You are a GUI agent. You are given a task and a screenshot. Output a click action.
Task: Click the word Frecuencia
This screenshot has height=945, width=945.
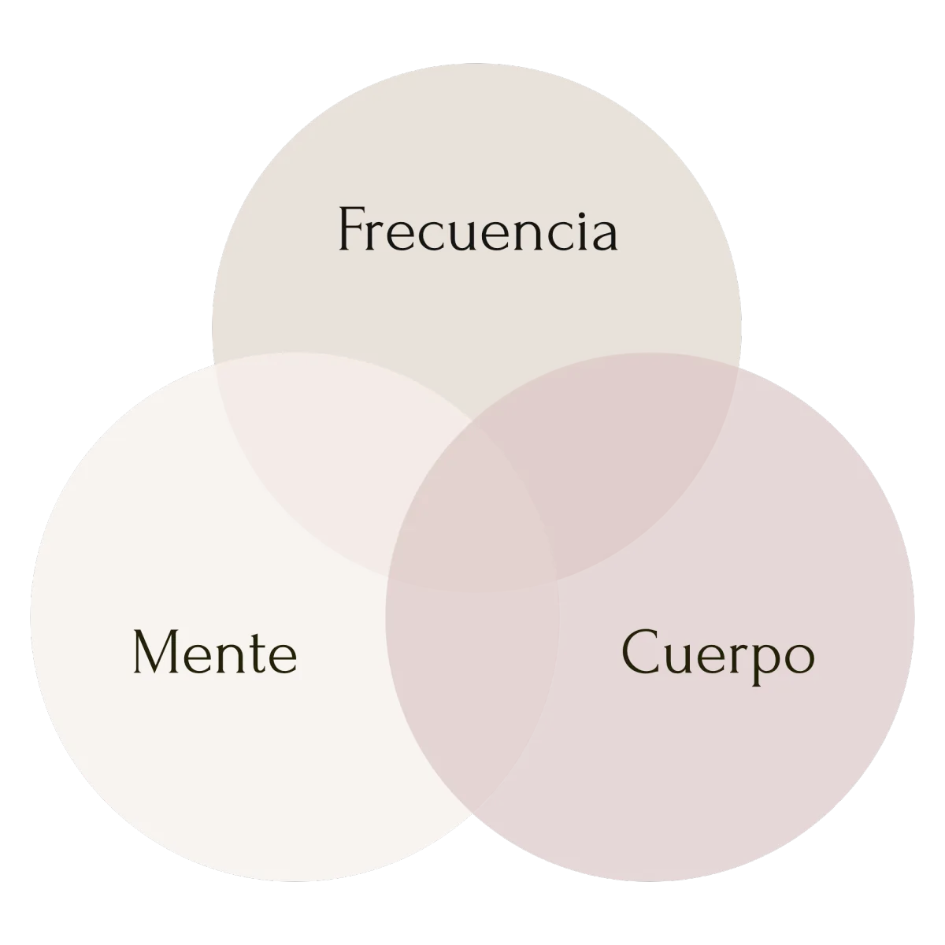[x=478, y=229]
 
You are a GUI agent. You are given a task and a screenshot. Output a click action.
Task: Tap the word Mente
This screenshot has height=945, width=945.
[x=215, y=651]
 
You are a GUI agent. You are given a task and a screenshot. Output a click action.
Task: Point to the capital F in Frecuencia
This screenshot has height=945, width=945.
[x=351, y=229]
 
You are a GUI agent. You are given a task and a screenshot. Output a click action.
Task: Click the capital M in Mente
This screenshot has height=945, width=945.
[x=155, y=651]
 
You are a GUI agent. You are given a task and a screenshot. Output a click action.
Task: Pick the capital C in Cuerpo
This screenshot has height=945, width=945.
[x=639, y=651]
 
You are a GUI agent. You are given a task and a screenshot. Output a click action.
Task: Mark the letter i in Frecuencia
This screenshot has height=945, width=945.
[x=585, y=229]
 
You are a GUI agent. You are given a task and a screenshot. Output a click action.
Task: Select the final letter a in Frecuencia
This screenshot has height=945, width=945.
[x=606, y=236]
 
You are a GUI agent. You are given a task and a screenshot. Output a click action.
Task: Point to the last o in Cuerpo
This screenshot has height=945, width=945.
[x=799, y=658]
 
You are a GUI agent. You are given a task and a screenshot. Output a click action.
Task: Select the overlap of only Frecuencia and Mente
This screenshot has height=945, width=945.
[x=343, y=466]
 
